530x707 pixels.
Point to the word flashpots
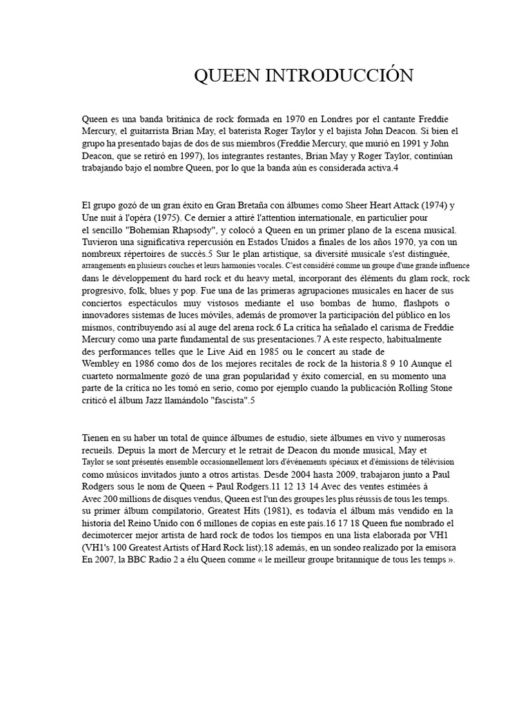click(x=420, y=303)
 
